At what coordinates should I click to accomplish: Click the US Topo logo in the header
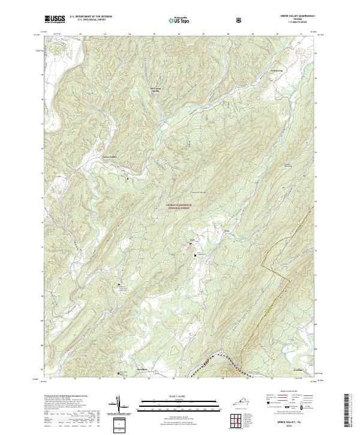click(x=179, y=20)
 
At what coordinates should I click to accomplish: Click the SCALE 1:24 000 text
click(x=179, y=397)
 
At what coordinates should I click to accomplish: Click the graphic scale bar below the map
click(x=179, y=407)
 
